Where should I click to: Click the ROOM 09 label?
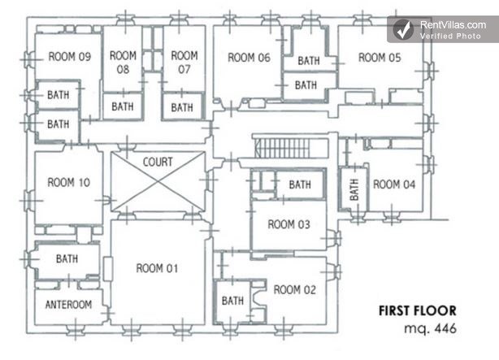[70, 57]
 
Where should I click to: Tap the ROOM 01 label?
[157, 268]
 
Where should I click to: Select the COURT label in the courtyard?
[158, 162]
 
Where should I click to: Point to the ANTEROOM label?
[69, 305]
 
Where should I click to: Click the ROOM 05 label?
[380, 58]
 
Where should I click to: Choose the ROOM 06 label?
[249, 58]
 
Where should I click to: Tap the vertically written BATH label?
[354, 189]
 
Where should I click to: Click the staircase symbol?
[291, 147]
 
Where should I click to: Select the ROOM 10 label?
[69, 182]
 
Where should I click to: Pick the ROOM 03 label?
[289, 224]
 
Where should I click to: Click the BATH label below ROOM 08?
[123, 106]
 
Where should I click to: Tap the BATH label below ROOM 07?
[182, 107]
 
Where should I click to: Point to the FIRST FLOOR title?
[418, 310]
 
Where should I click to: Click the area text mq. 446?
[430, 328]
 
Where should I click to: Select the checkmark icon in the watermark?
[404, 29]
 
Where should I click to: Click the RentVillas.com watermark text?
[453, 25]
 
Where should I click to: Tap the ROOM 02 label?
[295, 289]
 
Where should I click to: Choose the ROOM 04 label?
[394, 184]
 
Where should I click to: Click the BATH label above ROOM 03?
[300, 184]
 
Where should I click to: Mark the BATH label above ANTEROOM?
[67, 258]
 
